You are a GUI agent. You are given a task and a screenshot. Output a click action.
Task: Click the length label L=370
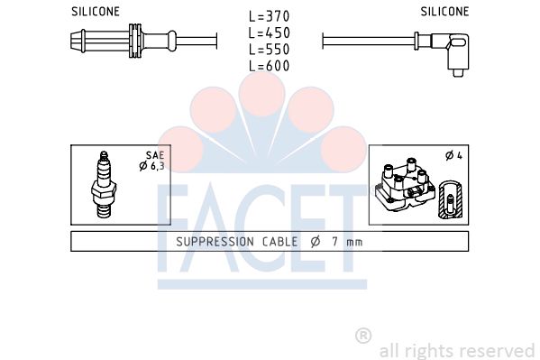click(x=269, y=16)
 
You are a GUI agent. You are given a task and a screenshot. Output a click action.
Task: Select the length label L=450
click(x=269, y=32)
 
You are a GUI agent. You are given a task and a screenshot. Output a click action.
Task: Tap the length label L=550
click(x=269, y=50)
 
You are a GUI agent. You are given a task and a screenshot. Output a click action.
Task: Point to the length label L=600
click(x=269, y=66)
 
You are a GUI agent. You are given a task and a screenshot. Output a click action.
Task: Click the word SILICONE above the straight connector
click(x=96, y=12)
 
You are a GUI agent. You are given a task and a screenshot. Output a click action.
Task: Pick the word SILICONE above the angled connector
click(x=444, y=12)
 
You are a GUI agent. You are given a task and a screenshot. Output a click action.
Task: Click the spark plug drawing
click(x=104, y=185)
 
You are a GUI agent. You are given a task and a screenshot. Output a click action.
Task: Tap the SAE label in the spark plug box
click(x=155, y=155)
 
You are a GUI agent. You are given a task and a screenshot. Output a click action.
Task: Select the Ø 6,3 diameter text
click(x=151, y=166)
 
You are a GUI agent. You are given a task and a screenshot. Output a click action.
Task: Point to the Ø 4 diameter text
click(x=453, y=155)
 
